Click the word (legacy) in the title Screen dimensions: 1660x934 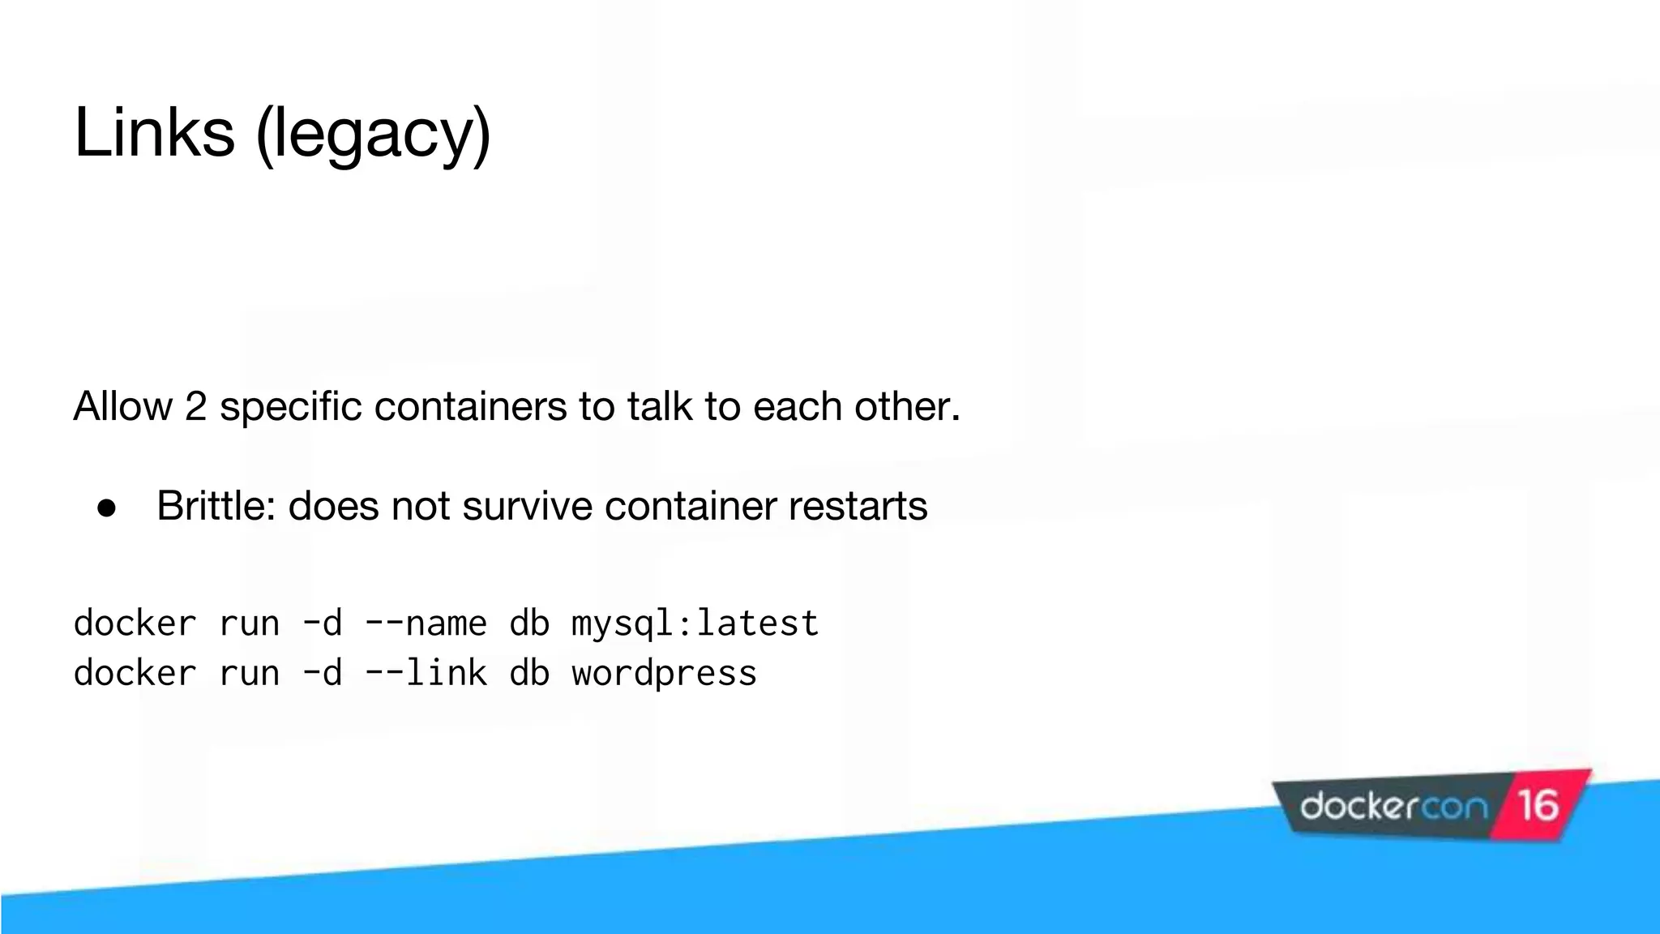tap(374, 135)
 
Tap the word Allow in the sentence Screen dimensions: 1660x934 tap(122, 406)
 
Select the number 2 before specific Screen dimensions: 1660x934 tap(196, 406)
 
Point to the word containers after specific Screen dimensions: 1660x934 tap(470, 406)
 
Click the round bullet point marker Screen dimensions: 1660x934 tap(107, 508)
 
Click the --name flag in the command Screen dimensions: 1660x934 tap(426, 623)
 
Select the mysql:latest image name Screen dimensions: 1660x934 tap(695, 623)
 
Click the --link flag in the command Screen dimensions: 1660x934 tap(426, 673)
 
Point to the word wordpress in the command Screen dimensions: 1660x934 tap(664, 674)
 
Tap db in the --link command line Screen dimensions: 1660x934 tap(529, 673)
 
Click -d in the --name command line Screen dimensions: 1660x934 tap(322, 623)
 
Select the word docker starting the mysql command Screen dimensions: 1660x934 tap(135, 623)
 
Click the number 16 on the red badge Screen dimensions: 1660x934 tap(1538, 805)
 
